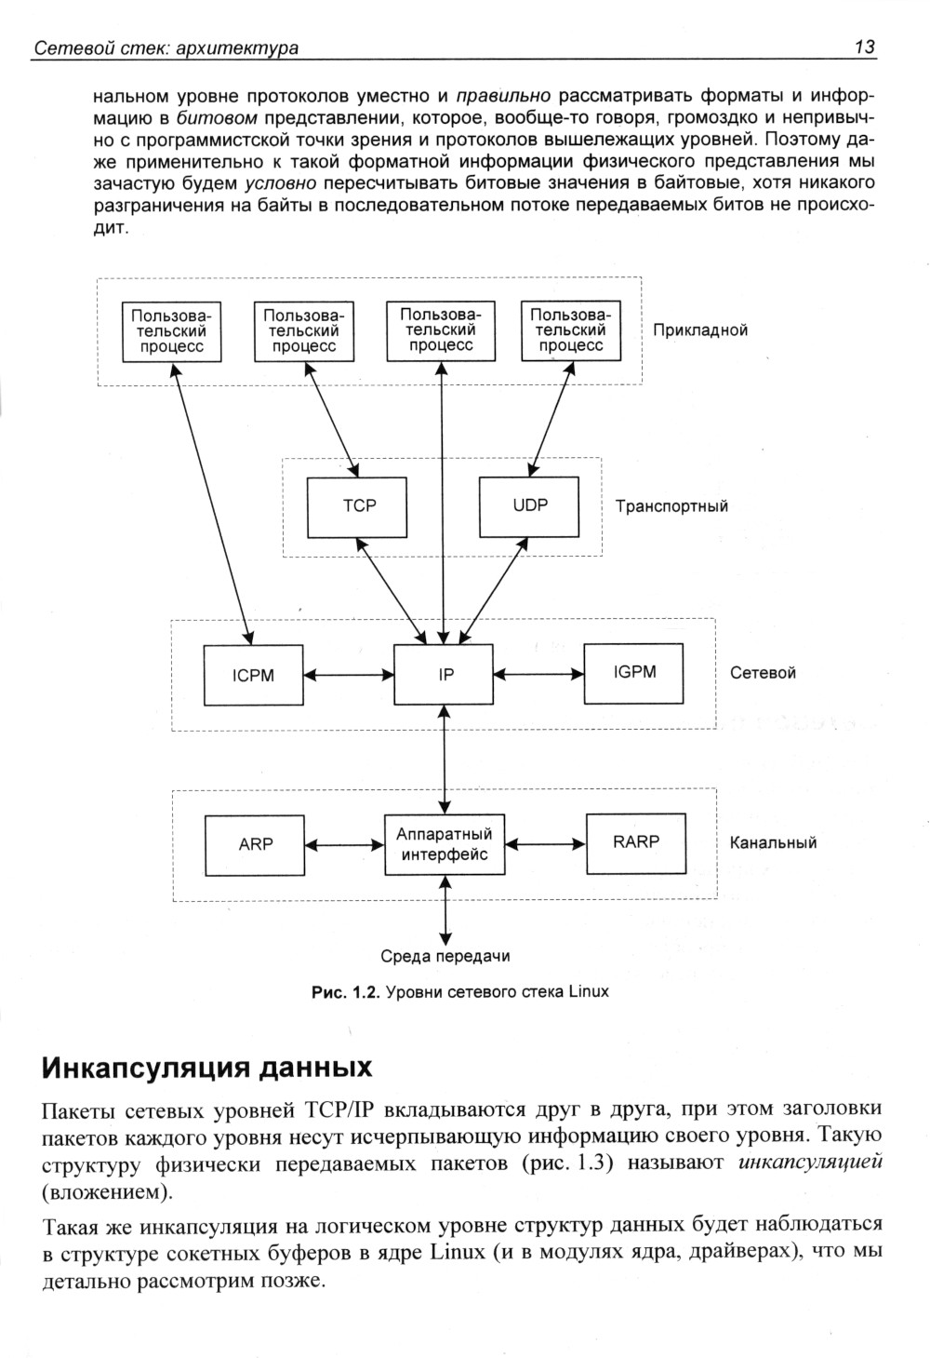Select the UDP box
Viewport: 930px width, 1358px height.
pos(529,506)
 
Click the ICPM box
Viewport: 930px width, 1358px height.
pos(253,676)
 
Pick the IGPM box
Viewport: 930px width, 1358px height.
pos(634,673)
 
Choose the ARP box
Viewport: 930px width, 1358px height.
pos(255,844)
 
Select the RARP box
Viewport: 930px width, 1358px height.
pos(635,842)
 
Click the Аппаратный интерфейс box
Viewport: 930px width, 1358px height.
pos(445,844)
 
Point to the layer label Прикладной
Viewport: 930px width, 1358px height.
pos(700,330)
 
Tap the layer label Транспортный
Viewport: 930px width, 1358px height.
pos(671,506)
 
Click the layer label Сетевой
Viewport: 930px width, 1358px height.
pos(763,673)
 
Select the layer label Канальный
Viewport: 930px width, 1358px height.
pos(773,843)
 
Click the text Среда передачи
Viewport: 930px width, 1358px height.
pos(445,956)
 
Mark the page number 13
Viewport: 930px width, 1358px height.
pos(864,47)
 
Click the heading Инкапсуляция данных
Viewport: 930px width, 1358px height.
pos(207,1066)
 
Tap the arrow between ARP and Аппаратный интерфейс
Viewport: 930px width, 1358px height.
pos(344,845)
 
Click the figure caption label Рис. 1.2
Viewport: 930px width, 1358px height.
pos(344,992)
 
